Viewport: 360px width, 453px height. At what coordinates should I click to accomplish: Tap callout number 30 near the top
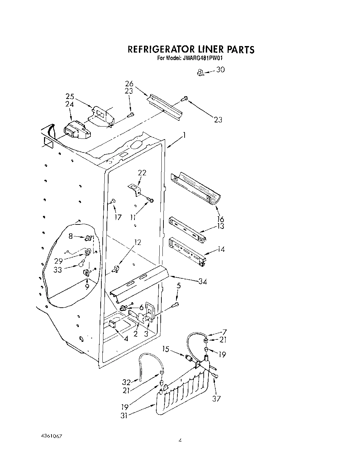click(x=220, y=70)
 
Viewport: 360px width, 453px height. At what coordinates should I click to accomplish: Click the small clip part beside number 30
click(x=201, y=72)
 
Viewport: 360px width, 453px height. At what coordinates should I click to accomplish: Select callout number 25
click(x=70, y=97)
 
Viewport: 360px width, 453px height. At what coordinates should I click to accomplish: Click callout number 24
click(x=70, y=104)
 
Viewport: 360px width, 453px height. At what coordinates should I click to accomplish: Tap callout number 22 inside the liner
click(x=142, y=173)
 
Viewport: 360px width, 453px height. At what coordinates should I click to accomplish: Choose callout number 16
click(x=220, y=219)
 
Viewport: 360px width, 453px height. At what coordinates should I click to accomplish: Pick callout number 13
click(x=221, y=226)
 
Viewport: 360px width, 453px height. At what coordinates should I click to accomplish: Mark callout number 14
click(x=221, y=249)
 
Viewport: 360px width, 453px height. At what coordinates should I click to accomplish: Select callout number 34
click(x=203, y=281)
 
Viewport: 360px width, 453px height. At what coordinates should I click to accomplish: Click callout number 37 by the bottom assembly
click(x=216, y=398)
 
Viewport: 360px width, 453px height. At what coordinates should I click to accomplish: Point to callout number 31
click(x=124, y=416)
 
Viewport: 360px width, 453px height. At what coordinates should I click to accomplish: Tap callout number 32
click(x=126, y=382)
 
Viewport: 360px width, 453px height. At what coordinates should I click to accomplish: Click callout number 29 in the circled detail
click(x=58, y=261)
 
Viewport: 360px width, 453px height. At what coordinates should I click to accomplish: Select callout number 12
click(x=138, y=243)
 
